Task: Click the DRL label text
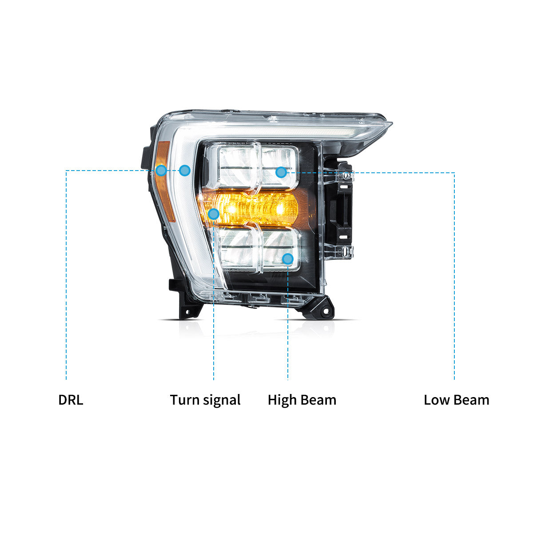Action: pyautogui.click(x=71, y=400)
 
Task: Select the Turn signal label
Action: pyautogui.click(x=205, y=401)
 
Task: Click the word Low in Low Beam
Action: pyautogui.click(x=437, y=400)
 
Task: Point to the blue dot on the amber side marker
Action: pyautogui.click(x=161, y=171)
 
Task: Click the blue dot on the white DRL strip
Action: pyautogui.click(x=184, y=171)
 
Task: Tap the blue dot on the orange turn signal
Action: pyautogui.click(x=214, y=214)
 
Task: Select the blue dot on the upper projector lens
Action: pyautogui.click(x=281, y=172)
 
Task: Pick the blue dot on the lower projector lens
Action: pyautogui.click(x=288, y=259)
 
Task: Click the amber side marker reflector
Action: pyautogui.click(x=165, y=182)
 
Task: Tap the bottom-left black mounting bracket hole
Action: pyautogui.click(x=187, y=312)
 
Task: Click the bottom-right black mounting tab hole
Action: pyautogui.click(x=326, y=312)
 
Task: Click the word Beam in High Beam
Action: pyautogui.click(x=318, y=400)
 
